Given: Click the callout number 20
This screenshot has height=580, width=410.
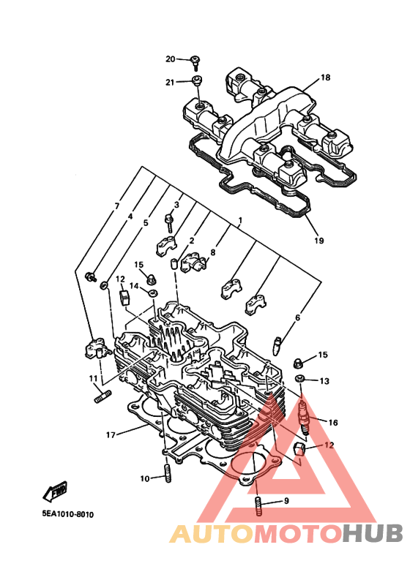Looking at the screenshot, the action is (x=170, y=59).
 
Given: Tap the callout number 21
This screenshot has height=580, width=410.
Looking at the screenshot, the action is (x=170, y=82).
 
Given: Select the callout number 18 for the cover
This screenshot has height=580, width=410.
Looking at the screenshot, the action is (x=325, y=78).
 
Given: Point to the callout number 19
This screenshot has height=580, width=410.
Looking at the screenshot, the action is (x=319, y=241).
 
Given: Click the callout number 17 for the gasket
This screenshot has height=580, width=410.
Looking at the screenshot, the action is (x=111, y=435).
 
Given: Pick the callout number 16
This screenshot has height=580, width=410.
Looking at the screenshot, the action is (x=333, y=423).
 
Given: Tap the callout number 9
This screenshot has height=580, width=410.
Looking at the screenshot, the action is (x=286, y=501).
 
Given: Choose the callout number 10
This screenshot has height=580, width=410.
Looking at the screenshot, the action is (x=144, y=478).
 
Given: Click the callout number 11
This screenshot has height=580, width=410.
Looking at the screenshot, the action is (x=93, y=378).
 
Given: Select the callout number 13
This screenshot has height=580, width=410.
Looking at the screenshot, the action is (x=324, y=381).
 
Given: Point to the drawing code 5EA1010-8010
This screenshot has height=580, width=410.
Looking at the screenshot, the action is (x=68, y=514).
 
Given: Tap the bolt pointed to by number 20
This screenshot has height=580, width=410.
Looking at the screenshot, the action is (x=195, y=62).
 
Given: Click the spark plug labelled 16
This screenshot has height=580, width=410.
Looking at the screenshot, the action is (x=302, y=416).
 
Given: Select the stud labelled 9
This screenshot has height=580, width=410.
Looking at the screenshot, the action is (x=258, y=506).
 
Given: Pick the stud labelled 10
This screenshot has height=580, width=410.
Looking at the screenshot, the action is (x=168, y=473).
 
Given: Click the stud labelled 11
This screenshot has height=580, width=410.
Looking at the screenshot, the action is (x=102, y=397).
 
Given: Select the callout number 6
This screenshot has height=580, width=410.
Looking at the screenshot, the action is (x=297, y=317).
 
